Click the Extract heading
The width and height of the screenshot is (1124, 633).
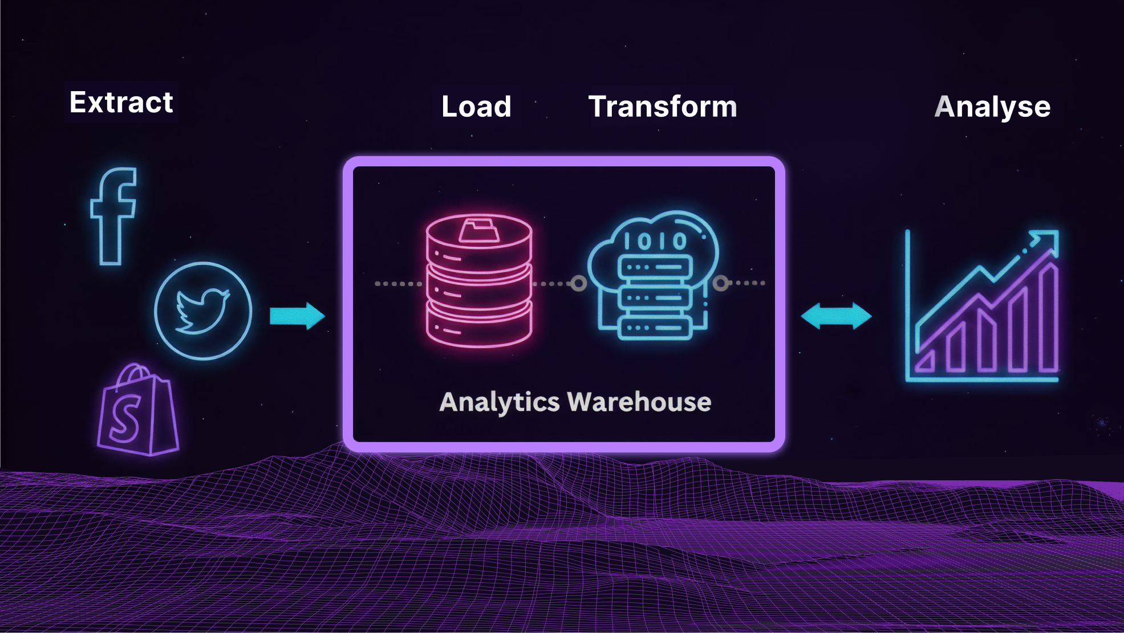pos(121,103)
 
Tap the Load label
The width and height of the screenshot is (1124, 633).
pos(476,107)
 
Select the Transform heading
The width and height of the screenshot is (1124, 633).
pos(663,107)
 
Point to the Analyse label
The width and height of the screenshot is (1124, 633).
pos(992,107)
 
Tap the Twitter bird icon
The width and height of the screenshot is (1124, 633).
pos(202,311)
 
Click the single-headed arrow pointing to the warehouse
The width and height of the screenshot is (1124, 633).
pos(297,316)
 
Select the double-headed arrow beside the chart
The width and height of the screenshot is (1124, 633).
pos(836,316)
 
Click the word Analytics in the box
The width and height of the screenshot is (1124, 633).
pos(500,402)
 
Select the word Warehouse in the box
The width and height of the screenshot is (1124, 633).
pos(639,402)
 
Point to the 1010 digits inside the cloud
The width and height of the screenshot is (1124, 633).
pos(655,242)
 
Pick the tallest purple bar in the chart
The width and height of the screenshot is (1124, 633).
pos(1048,319)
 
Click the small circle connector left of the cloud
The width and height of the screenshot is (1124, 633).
pos(578,283)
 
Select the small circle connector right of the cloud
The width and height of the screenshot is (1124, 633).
pos(721,283)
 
